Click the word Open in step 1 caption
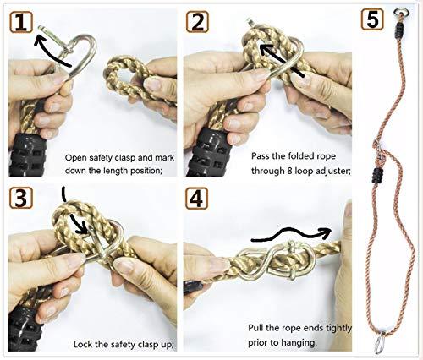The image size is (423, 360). (x=78, y=156)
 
